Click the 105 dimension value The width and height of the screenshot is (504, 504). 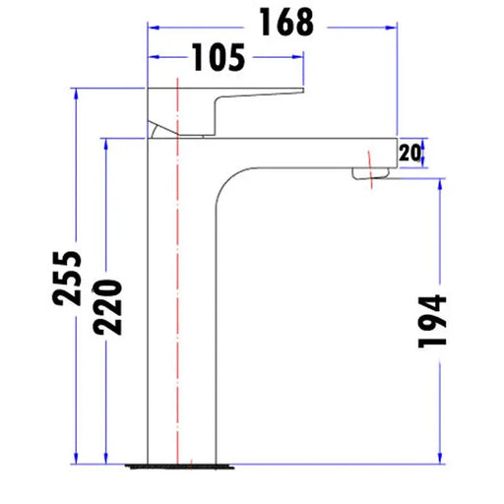218,59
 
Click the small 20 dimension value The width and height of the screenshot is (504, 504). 410,152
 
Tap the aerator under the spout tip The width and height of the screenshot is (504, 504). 372,175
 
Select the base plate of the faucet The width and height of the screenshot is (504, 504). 181,460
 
